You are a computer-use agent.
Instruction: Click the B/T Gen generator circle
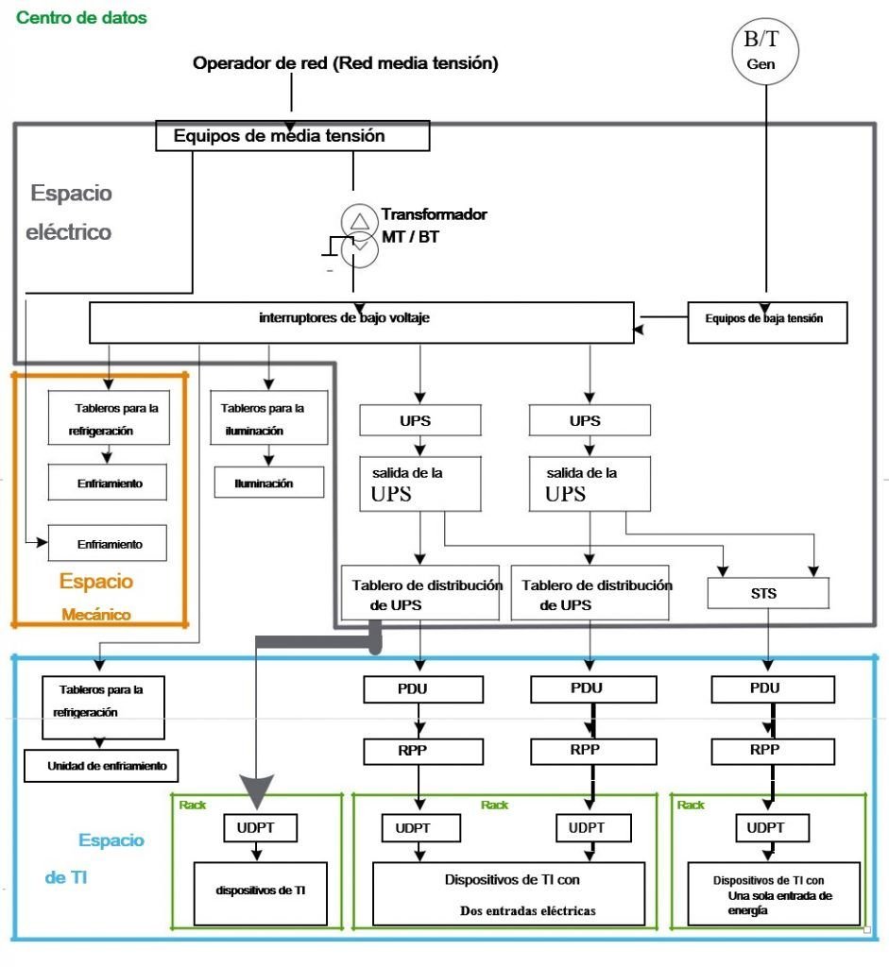764,51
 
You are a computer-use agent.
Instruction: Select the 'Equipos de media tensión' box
293,136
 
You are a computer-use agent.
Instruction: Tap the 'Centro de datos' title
81,17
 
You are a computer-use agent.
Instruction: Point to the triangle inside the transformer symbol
360,221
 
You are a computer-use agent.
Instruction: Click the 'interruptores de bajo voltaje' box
362,322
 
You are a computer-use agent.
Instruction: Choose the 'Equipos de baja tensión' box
767,323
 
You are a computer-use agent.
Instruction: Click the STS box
767,593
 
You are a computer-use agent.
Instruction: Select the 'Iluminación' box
269,483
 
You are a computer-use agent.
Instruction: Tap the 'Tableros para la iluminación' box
269,417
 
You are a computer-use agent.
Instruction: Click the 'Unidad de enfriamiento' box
101,765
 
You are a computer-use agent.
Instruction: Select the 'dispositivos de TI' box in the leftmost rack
261,893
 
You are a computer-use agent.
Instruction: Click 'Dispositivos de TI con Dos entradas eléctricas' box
508,893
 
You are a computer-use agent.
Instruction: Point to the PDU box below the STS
773,688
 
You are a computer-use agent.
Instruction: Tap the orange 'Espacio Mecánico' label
96,597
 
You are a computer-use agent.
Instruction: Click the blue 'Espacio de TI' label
94,857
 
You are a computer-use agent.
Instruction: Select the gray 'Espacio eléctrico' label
69,212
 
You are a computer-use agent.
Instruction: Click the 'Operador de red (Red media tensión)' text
346,63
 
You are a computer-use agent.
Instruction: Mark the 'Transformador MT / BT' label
435,225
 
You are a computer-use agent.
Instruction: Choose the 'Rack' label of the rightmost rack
691,805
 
